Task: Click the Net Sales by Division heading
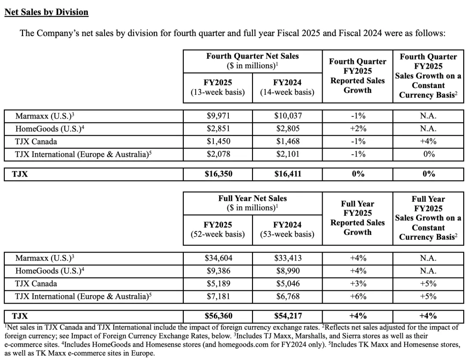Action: pos(46,12)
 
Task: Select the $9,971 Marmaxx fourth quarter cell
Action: pos(218,116)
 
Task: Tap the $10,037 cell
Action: pos(287,116)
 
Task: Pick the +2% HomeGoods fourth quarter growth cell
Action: pos(357,129)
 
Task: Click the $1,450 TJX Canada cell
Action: pos(218,141)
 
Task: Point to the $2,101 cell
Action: pos(287,154)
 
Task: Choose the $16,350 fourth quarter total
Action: pos(218,174)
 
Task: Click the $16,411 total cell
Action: pos(287,174)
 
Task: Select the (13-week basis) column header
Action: pos(218,92)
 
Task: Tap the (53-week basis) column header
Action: pos(287,234)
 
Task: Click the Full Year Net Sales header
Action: pos(253,199)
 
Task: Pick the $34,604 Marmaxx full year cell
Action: pos(218,258)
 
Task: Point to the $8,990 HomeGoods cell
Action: pos(287,271)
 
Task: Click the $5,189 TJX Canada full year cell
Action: pos(218,284)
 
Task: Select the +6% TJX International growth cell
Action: pos(357,297)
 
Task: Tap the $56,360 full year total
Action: pos(218,316)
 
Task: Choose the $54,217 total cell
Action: pos(287,316)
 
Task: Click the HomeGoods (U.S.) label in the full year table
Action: pos(49,271)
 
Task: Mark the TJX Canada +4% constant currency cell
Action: pos(428,141)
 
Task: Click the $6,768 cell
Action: pos(287,297)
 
